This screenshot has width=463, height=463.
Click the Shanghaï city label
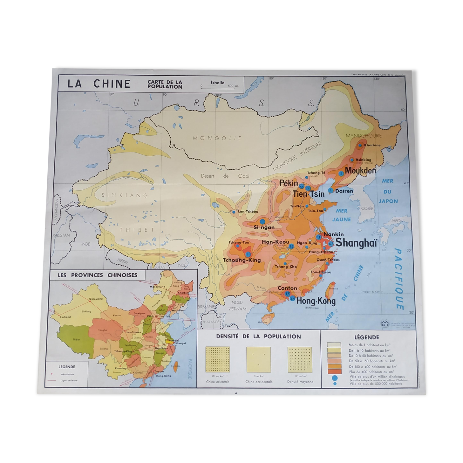pyautogui.click(x=356, y=243)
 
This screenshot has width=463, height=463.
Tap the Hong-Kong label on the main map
pyautogui.click(x=316, y=301)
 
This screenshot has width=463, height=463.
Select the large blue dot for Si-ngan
pyautogui.click(x=262, y=221)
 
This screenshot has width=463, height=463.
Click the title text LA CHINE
pyautogui.click(x=99, y=84)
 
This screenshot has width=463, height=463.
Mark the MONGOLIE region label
pyautogui.click(x=217, y=138)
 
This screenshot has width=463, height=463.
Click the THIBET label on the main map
pyautogui.click(x=137, y=229)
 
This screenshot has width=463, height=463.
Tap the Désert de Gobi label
pyautogui.click(x=225, y=176)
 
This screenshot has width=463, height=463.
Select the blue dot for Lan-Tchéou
pyautogui.click(x=234, y=212)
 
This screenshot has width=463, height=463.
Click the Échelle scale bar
pyautogui.click(x=217, y=86)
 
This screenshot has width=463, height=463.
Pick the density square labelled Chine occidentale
pyautogui.click(x=259, y=359)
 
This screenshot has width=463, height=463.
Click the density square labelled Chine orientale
pyautogui.click(x=218, y=359)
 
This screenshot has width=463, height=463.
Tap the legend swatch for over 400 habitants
pyautogui.click(x=334, y=371)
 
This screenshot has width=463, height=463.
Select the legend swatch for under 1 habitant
pyautogui.click(x=334, y=345)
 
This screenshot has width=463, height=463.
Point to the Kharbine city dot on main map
pyautogui.click(x=360, y=146)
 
